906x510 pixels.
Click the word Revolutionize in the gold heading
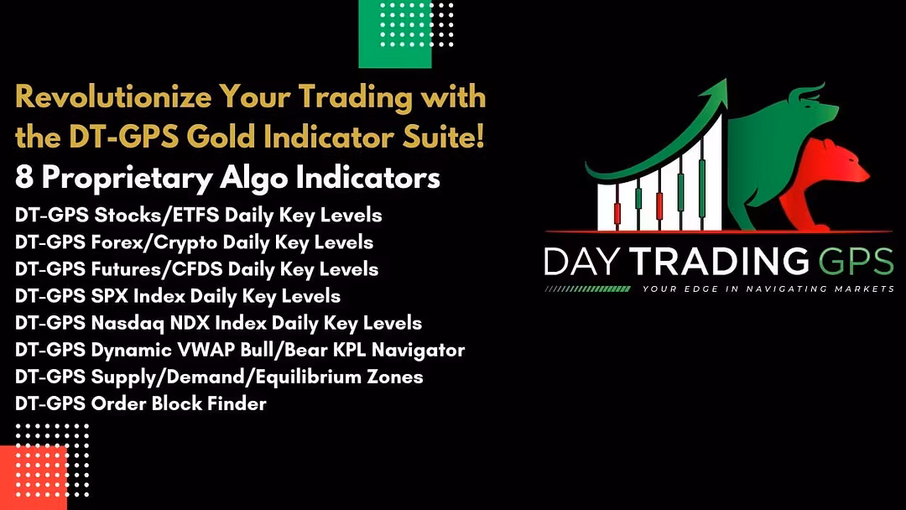[113, 96]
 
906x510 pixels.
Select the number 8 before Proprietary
[24, 177]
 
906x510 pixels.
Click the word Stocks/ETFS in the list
[157, 215]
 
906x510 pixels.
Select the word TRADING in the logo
[720, 261]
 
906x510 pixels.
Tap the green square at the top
[395, 34]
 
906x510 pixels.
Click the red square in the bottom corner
[34, 477]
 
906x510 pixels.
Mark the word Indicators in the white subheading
[367, 177]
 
